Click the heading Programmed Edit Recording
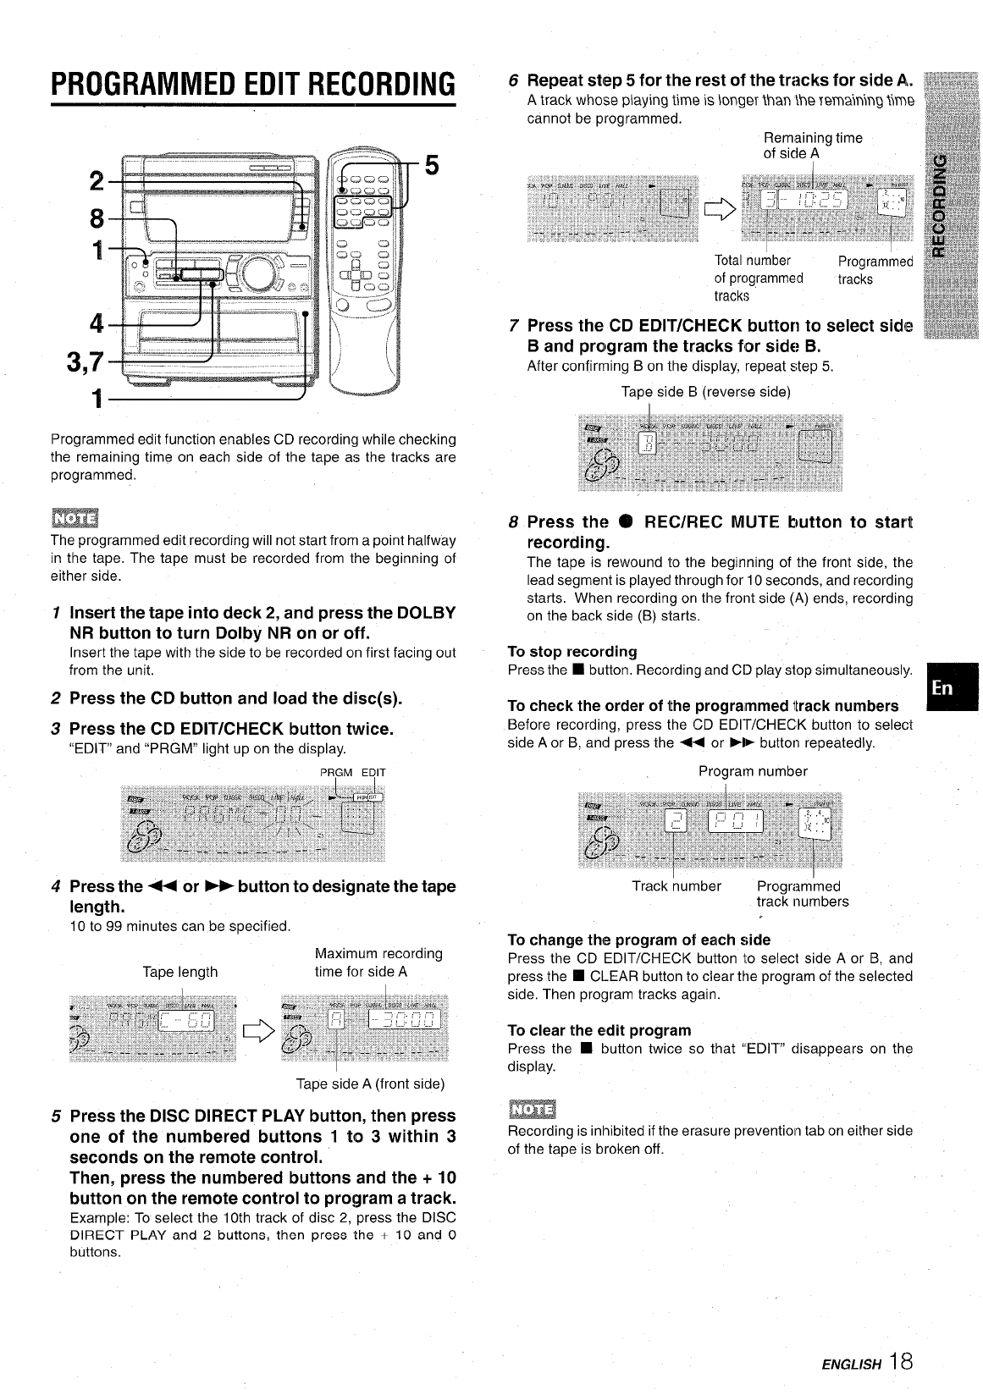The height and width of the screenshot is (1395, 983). pos(253,84)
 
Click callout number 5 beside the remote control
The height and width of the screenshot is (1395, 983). pos(431,165)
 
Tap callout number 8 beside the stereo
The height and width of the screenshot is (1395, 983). pos(97,219)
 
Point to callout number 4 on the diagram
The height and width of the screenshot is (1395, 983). pos(97,324)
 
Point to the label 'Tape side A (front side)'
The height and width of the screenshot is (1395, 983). pos(370,1083)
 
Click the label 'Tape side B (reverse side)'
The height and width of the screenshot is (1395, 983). pos(705,392)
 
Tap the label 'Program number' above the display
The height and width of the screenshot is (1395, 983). pos(753,771)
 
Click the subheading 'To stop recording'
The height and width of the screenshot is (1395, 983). pos(572,652)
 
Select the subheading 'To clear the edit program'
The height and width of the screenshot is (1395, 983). pos(599,1030)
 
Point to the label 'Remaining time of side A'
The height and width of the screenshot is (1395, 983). pos(812,146)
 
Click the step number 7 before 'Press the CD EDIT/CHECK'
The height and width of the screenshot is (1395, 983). pos(514,326)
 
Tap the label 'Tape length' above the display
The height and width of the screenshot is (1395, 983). pos(179,972)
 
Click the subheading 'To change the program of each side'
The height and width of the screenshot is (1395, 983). pos(638,940)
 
